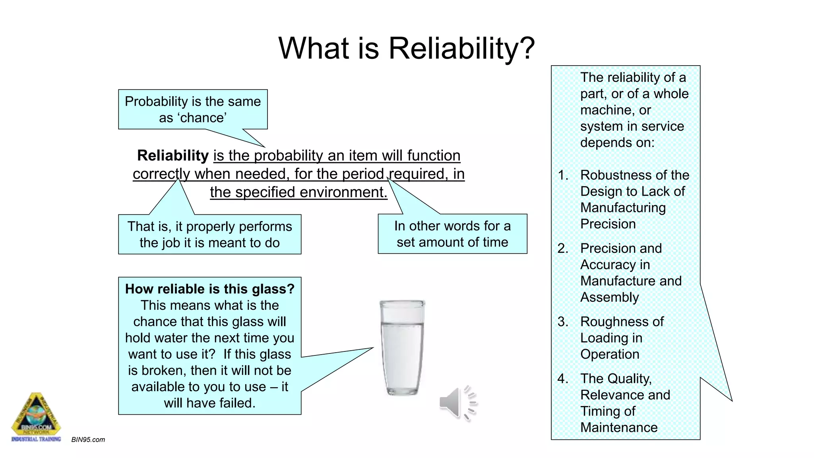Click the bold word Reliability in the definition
[x=173, y=155]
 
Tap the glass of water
[x=402, y=348]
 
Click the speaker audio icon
[x=457, y=403]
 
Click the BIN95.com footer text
[x=88, y=440]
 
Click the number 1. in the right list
[x=563, y=175]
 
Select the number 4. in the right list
[x=563, y=378]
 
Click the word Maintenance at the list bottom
[x=619, y=427]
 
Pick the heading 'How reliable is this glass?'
[x=210, y=289]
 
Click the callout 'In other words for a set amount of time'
[x=452, y=234]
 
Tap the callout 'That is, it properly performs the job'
[x=209, y=235]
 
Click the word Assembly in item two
[x=610, y=297]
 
